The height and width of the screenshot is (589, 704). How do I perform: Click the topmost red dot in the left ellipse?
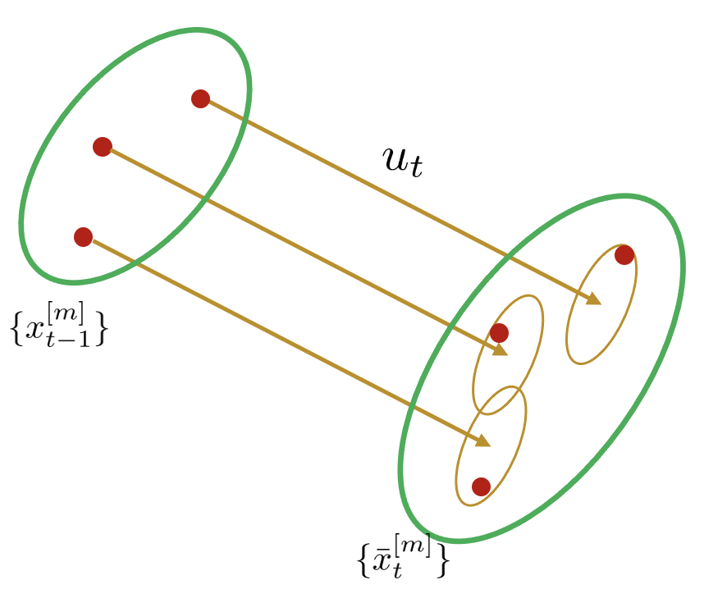click(x=200, y=98)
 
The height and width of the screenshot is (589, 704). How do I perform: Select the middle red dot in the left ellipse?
click(x=103, y=147)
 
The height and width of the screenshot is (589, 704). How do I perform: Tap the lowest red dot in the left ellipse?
click(x=83, y=237)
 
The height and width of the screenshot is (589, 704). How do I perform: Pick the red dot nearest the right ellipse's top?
click(x=624, y=255)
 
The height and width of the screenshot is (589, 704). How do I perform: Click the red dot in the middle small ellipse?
click(x=499, y=333)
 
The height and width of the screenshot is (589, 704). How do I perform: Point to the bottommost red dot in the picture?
click(x=482, y=486)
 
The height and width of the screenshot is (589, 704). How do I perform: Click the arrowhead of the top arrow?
click(x=594, y=299)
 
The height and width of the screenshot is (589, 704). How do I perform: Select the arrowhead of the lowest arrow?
click(x=482, y=441)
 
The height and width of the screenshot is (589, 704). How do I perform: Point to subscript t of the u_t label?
click(x=416, y=169)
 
